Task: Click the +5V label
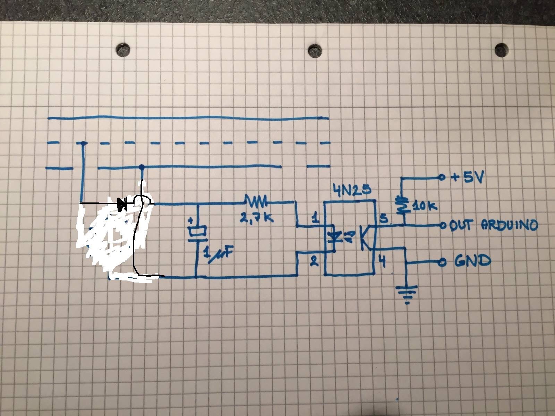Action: pyautogui.click(x=467, y=177)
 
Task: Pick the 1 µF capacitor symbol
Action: pyautogui.click(x=197, y=232)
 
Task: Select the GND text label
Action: pyautogui.click(x=472, y=261)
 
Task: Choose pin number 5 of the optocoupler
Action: pyautogui.click(x=384, y=218)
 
